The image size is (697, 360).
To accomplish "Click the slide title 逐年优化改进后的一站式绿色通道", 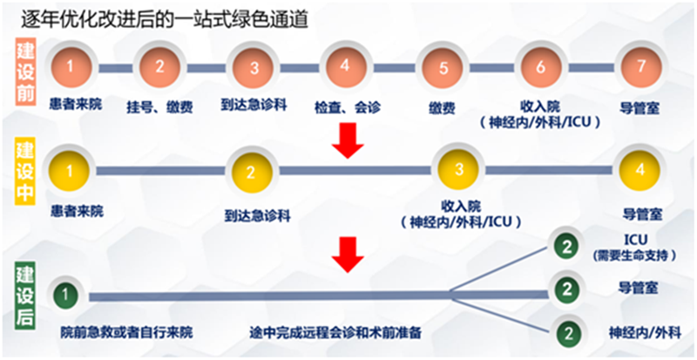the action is coord(165,20).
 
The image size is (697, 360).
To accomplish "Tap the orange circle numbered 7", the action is coord(640,67).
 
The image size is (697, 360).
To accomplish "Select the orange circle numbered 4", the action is coord(345,67).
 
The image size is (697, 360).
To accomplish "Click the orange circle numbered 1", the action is coord(70,67).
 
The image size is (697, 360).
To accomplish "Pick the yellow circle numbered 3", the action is coord(458,171).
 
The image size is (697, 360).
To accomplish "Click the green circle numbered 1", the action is coord(66,295).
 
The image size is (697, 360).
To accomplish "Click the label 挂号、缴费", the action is coord(159,108).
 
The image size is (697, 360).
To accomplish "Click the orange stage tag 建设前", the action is coord(25,72).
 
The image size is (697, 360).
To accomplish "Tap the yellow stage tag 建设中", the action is coord(25,173).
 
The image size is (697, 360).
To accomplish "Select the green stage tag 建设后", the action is coord(25,297).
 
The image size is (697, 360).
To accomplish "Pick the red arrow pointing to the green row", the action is coord(348,254).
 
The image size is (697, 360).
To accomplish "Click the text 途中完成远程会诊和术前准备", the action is coord(335,332).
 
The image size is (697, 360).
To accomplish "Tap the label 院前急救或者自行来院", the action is coord(127,332).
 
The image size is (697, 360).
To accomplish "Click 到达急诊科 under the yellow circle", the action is coord(258,217).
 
